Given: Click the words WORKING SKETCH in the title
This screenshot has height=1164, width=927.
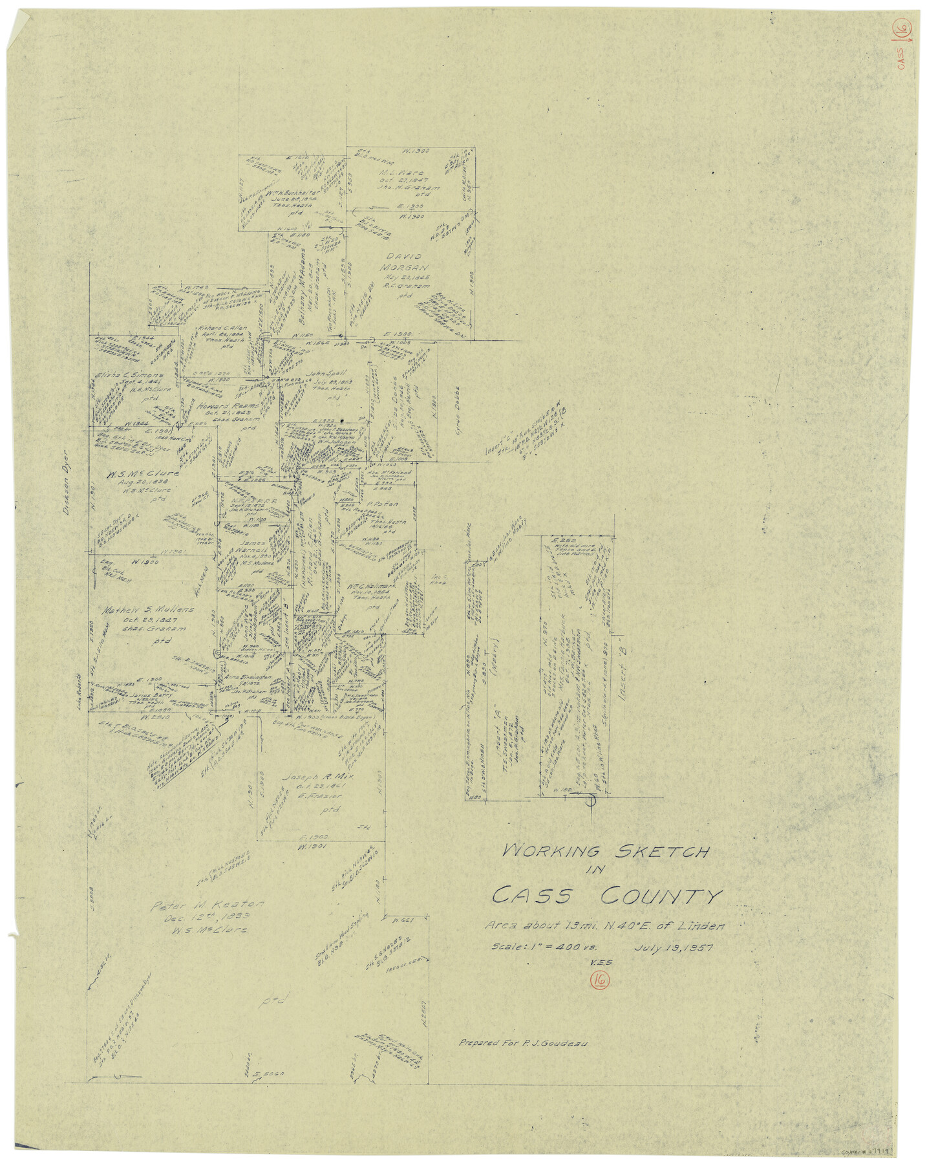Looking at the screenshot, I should point(606,852).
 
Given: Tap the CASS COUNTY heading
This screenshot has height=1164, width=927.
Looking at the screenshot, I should point(606,896).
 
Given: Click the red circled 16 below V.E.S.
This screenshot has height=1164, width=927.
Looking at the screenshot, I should point(599,980).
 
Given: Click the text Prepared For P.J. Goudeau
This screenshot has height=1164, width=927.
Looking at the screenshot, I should point(522,1042).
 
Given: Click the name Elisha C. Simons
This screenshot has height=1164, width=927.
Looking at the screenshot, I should point(129,375).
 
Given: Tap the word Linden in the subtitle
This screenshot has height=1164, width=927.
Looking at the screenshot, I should point(701,925).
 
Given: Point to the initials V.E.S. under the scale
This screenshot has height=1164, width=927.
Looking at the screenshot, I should point(600,963).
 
